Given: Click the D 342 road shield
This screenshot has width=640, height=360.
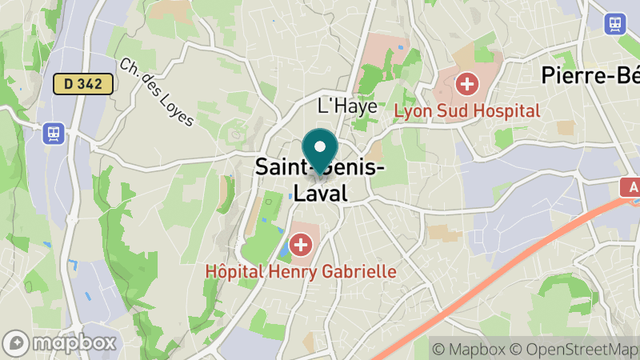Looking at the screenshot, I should pyautogui.click(x=83, y=83).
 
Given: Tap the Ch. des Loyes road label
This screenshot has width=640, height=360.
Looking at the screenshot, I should pyautogui.click(x=157, y=92).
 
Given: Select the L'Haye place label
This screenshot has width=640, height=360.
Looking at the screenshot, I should pyautogui.click(x=347, y=106).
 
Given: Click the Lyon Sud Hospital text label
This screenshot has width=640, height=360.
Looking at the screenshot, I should pyautogui.click(x=466, y=110).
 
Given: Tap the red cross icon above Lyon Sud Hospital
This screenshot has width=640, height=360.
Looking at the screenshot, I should pyautogui.click(x=466, y=83).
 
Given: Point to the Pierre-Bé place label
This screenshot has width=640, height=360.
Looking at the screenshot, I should pyautogui.click(x=590, y=76).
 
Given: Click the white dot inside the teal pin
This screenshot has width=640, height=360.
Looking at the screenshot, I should pyautogui.click(x=321, y=147).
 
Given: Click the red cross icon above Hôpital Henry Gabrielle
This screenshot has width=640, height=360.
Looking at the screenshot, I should pyautogui.click(x=301, y=244).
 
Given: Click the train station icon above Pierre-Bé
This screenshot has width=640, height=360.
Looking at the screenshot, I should pyautogui.click(x=617, y=23).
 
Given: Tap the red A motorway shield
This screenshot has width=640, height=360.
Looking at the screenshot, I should pyautogui.click(x=631, y=187).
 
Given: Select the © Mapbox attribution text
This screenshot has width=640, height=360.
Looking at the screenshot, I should pyautogui.click(x=470, y=349).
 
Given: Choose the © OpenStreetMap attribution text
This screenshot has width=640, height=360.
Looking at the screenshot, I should pyautogui.click(x=575, y=349).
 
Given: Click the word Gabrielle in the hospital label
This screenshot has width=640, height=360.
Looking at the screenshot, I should pyautogui.click(x=358, y=271).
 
